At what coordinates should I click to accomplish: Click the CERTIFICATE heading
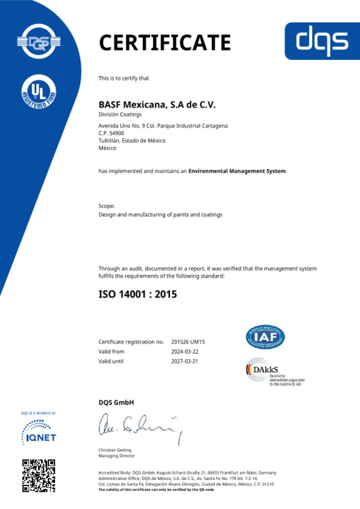(165, 43)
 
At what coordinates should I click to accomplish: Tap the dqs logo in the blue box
(322, 41)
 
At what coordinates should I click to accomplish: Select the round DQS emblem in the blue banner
(39, 41)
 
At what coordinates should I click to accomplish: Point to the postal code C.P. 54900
(109, 133)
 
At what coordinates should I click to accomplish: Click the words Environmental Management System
(237, 171)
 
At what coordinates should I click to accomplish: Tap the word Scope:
(107, 206)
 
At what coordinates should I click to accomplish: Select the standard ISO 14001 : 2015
(138, 295)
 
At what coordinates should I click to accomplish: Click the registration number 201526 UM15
(188, 342)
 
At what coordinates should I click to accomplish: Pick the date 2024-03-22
(185, 352)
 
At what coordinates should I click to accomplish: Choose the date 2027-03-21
(185, 361)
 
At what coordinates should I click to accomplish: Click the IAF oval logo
(265, 337)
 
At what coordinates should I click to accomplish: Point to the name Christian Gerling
(115, 450)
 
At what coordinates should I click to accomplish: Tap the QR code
(39, 476)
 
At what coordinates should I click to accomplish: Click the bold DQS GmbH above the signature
(116, 402)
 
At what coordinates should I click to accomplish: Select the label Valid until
(111, 361)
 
